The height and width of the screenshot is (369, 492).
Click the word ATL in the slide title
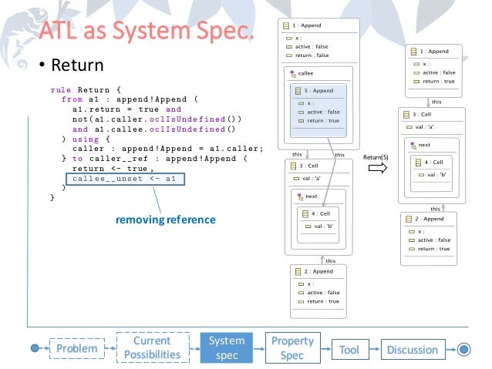(60, 32)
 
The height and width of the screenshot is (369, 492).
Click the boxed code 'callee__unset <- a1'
(124, 179)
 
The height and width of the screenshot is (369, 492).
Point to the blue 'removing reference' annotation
(165, 220)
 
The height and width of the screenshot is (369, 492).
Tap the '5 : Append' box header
(316, 91)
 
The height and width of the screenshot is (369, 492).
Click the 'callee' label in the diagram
(305, 74)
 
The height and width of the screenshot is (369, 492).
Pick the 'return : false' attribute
(312, 55)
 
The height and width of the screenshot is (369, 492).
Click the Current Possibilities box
(152, 348)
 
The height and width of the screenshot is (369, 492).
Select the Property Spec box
(292, 348)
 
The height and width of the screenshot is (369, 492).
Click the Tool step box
(349, 349)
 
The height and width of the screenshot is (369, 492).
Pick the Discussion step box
(412, 349)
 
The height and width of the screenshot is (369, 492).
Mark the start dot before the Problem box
(35, 349)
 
